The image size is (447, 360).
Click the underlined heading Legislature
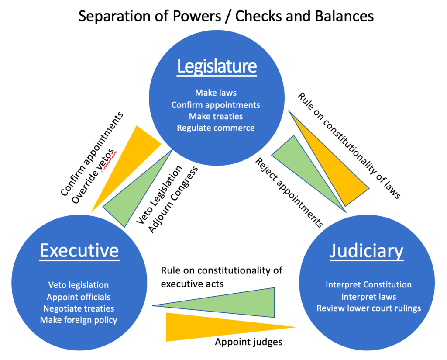point(217,66)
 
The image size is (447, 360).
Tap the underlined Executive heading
point(79,251)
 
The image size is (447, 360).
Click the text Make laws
point(216,93)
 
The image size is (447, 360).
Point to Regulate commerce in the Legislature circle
point(216,128)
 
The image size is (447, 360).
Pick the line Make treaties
point(216,116)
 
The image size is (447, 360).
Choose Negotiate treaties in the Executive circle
point(79,308)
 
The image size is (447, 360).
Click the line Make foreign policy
point(79,320)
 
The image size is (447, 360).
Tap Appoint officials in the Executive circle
point(79,297)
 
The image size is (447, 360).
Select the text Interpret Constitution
point(368,285)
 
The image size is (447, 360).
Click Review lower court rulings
point(368,308)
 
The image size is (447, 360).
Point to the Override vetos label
point(94,175)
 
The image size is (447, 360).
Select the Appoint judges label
point(248,342)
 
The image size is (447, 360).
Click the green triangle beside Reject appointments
point(301,166)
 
